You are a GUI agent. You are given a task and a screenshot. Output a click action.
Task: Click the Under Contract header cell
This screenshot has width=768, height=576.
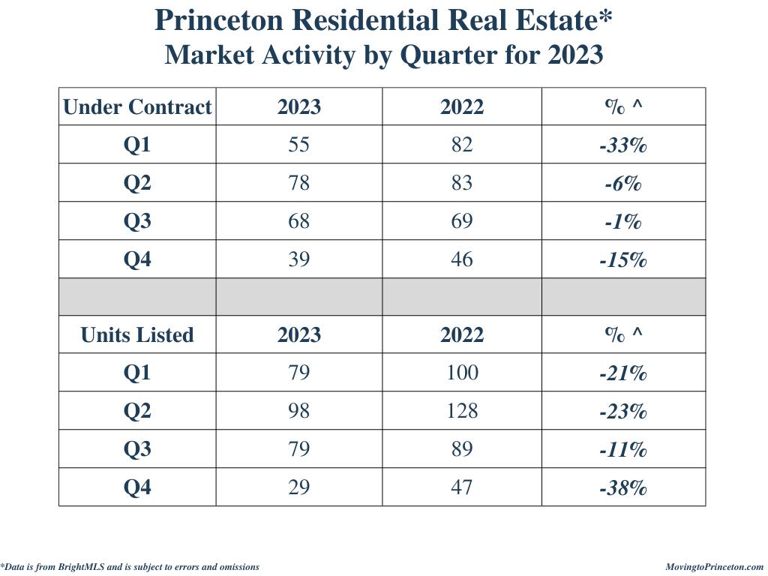point(137,107)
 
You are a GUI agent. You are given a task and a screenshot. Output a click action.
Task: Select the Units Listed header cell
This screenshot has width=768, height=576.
point(137,334)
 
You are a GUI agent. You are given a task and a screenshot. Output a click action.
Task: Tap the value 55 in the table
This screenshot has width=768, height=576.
point(298,145)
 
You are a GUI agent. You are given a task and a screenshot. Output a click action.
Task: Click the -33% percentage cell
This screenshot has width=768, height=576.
point(623,145)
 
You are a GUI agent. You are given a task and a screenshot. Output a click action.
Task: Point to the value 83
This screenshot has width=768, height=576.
point(462,183)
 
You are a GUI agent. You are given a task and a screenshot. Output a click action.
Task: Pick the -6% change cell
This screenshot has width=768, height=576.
point(623,184)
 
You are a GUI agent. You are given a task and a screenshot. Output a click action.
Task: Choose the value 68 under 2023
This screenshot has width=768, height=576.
point(298,221)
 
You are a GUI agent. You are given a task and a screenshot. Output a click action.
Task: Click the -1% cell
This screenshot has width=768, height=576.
point(623,222)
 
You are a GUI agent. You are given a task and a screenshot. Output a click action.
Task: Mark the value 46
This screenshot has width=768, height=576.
point(462,259)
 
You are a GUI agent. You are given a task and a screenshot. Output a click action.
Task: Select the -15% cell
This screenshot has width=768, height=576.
point(623,260)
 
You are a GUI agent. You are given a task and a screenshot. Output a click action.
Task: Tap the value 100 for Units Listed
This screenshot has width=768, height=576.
point(462,373)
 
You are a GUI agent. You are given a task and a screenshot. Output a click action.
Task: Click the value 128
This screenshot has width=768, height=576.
point(462,411)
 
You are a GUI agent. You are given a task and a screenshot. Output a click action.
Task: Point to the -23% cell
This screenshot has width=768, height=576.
point(623,412)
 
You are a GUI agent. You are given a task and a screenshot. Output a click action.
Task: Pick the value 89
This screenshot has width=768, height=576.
point(462,449)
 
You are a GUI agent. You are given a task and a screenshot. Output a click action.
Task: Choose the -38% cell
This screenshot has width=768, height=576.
point(623,488)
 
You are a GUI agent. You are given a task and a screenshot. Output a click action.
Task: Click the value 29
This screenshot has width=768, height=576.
point(298,487)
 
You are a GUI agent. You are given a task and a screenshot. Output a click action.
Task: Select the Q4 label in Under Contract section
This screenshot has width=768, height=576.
point(137,259)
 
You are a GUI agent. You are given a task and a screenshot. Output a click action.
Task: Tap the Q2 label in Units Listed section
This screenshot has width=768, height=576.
point(137,411)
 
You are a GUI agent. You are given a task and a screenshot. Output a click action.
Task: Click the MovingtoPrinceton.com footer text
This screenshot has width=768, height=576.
point(714,567)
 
